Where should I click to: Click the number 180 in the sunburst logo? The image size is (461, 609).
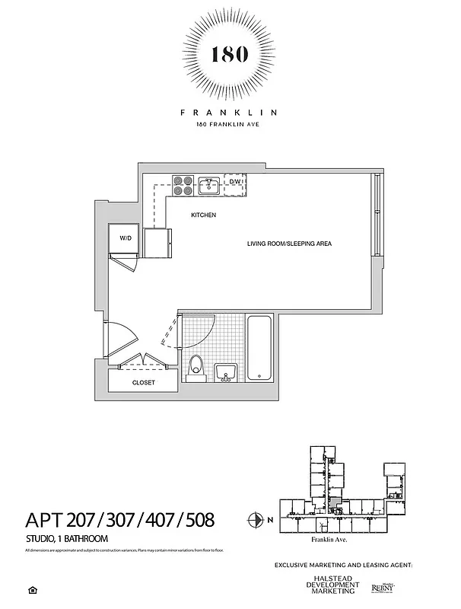coord(229,55)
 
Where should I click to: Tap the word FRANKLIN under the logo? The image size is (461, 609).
coord(229,112)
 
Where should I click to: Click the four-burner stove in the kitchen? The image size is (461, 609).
coord(183,183)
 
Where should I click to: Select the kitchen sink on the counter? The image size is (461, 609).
coord(210,183)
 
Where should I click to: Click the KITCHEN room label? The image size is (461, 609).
coord(203,215)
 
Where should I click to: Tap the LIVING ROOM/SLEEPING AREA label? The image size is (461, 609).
coord(289,244)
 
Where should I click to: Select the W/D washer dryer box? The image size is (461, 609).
coord(124,238)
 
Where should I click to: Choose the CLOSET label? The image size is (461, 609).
coord(143,383)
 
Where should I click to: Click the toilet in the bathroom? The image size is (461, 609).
coord(196,368)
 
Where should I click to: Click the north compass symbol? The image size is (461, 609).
coord(255,521)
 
